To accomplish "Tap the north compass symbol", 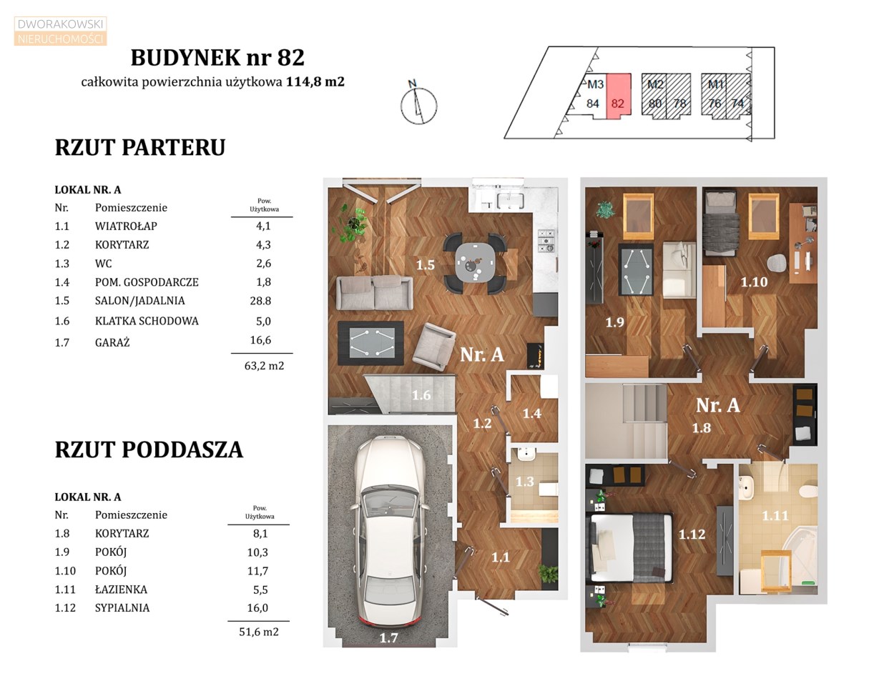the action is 418,104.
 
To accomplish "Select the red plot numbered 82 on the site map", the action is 618,96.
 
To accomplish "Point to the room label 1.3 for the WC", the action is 524,481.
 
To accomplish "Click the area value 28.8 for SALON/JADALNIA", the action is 260,301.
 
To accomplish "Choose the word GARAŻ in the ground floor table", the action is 112,342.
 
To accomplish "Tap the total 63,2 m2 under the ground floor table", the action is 264,366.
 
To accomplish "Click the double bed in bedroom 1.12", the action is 631,547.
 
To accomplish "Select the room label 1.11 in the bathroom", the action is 775,515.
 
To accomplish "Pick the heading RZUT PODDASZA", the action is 149,449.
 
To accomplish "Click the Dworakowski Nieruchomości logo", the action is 60,31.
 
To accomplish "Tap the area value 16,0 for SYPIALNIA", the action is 257,607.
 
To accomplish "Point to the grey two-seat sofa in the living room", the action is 375,292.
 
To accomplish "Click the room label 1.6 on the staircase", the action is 421,395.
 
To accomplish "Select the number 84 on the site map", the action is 593,104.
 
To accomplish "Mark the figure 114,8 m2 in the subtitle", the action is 315,81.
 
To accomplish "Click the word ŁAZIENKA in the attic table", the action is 121,589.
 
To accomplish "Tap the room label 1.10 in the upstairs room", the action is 754,282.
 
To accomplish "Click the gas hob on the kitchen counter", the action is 546,240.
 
